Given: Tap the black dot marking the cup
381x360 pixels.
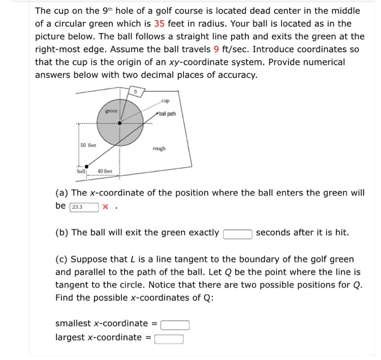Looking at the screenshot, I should (x=120, y=123).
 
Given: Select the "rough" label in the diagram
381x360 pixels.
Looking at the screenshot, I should (x=159, y=148).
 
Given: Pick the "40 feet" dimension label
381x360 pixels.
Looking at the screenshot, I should (x=105, y=171).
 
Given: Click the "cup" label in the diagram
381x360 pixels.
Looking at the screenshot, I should (x=165, y=101).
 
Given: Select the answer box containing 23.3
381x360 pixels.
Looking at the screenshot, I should (x=84, y=207).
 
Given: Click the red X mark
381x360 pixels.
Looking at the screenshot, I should (x=106, y=207).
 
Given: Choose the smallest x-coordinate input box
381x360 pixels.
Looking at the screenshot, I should (x=175, y=325).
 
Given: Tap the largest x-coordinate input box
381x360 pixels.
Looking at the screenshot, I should (x=169, y=339).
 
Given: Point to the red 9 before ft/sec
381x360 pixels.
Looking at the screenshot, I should (x=215, y=49).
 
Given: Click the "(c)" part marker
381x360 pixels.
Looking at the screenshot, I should (x=62, y=259).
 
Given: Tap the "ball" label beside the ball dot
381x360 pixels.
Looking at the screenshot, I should (x=81, y=171).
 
